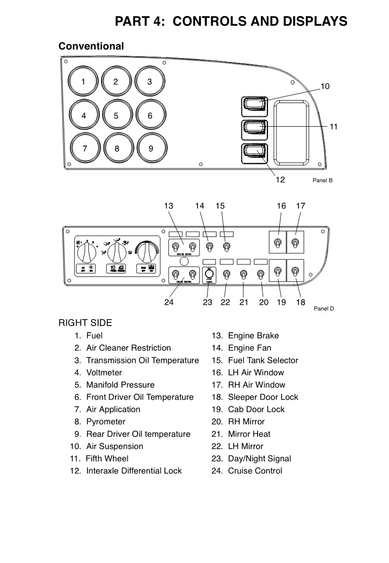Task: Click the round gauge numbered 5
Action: pos(116,115)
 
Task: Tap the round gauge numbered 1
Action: pos(84,81)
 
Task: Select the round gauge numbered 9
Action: pos(151,148)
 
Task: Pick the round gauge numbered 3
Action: pos(150,81)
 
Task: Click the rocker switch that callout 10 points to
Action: pos(255,106)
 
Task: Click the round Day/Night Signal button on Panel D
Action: pos(209,274)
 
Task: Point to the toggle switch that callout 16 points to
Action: pos(278,243)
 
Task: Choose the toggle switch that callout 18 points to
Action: pos(295,271)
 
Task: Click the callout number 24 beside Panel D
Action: pos(169,303)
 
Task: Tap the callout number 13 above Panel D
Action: pos(169,206)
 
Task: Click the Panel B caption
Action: pos(323,180)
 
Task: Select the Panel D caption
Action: pos(324,309)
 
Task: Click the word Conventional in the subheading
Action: pos(91,46)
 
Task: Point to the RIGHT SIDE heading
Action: pos(85,323)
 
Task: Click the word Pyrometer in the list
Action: pos(106,422)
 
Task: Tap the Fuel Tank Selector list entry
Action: pos(263,360)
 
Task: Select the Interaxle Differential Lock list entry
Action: pos(134,471)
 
